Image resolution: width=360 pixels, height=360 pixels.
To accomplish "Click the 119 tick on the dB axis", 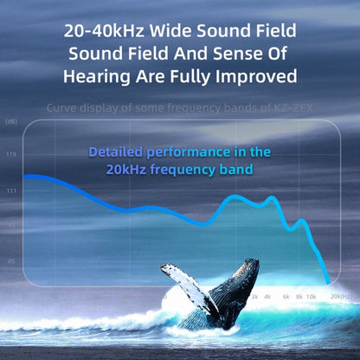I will click(x=11, y=154).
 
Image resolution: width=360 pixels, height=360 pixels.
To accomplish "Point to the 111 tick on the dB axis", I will click(x=11, y=190).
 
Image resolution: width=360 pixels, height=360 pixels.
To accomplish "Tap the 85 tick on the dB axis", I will click(x=11, y=260).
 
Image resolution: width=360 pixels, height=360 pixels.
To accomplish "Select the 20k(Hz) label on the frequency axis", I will click(x=340, y=296).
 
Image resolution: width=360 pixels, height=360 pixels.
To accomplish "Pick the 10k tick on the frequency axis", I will click(x=311, y=296).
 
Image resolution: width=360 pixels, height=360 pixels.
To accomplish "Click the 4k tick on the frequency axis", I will click(x=267, y=296).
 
